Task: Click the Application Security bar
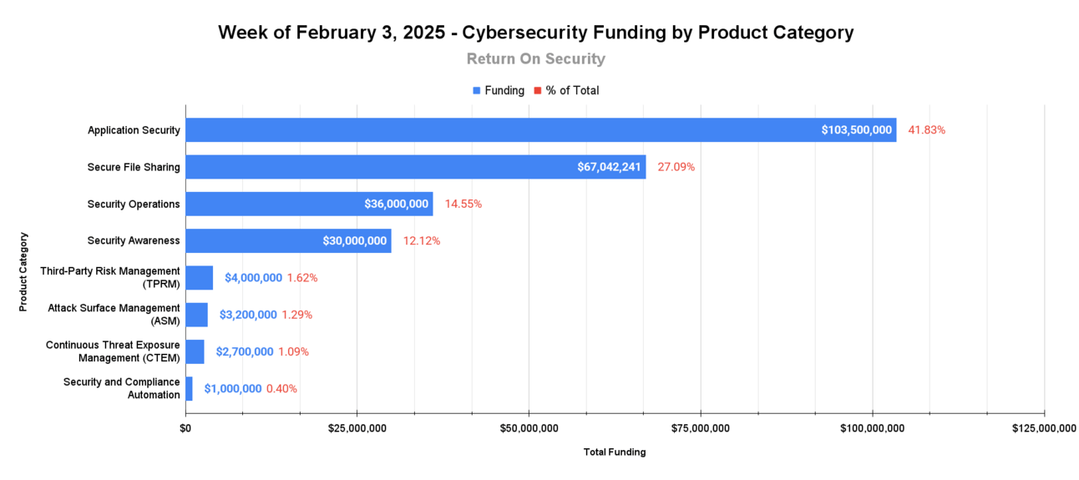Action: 501,130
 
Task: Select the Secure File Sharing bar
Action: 376,167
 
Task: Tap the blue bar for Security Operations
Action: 276,204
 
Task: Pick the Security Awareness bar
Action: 251,241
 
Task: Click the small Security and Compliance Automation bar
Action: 189,389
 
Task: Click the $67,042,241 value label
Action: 609,167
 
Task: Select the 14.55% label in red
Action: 463,204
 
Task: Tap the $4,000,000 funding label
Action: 253,278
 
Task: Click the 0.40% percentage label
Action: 281,389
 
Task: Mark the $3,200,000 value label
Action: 248,315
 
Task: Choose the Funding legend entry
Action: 499,90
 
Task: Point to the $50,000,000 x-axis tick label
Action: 529,429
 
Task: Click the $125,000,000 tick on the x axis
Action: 1044,429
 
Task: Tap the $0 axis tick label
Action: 185,429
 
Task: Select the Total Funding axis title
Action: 615,452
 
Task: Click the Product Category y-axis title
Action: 23,272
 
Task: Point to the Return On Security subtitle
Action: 535,59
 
